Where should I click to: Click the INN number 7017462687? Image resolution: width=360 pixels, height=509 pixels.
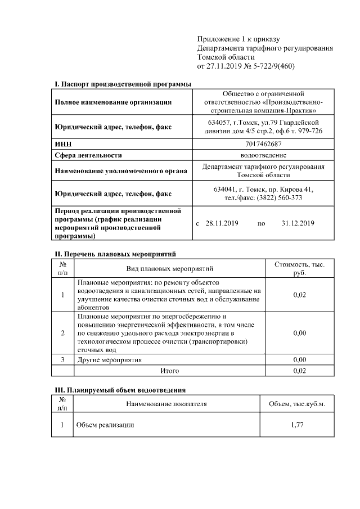[x=264, y=145]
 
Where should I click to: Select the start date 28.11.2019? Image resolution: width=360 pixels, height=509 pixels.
[x=222, y=223]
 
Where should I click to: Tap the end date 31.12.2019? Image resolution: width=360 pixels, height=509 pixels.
[x=298, y=223]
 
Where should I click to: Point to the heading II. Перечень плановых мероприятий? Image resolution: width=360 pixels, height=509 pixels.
[x=115, y=254]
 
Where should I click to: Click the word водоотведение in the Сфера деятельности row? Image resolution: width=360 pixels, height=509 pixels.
[x=264, y=155]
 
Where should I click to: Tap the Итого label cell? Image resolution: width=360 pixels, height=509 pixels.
[x=170, y=371]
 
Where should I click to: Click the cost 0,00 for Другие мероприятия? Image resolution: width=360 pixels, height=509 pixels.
[x=300, y=359]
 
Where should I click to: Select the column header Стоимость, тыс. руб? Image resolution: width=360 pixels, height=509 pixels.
[x=300, y=268]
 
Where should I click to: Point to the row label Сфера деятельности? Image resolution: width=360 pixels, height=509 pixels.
[x=88, y=155]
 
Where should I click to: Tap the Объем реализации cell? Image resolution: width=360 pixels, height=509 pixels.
[x=105, y=425]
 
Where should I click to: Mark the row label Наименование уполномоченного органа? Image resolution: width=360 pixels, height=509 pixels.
[x=120, y=170]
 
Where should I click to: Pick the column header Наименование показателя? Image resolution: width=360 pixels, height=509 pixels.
[x=166, y=403]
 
